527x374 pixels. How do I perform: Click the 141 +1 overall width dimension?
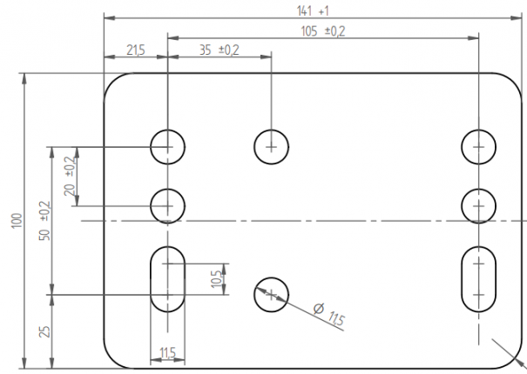312,10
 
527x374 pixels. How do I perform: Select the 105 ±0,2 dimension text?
322,31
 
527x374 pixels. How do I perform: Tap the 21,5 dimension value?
136,51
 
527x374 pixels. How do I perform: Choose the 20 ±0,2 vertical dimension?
70,177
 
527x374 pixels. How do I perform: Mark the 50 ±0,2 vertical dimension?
45,220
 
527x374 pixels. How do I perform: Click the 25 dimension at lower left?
45,331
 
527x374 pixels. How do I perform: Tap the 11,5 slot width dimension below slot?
168,352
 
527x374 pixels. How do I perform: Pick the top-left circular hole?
167,147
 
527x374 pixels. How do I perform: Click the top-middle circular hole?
271,146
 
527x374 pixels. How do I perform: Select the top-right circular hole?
479,147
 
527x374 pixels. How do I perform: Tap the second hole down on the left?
167,206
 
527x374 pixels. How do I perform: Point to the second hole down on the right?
479,206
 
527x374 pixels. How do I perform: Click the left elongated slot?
167,278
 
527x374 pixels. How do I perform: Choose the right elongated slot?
479,278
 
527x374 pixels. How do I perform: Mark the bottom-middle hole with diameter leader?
271,295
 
